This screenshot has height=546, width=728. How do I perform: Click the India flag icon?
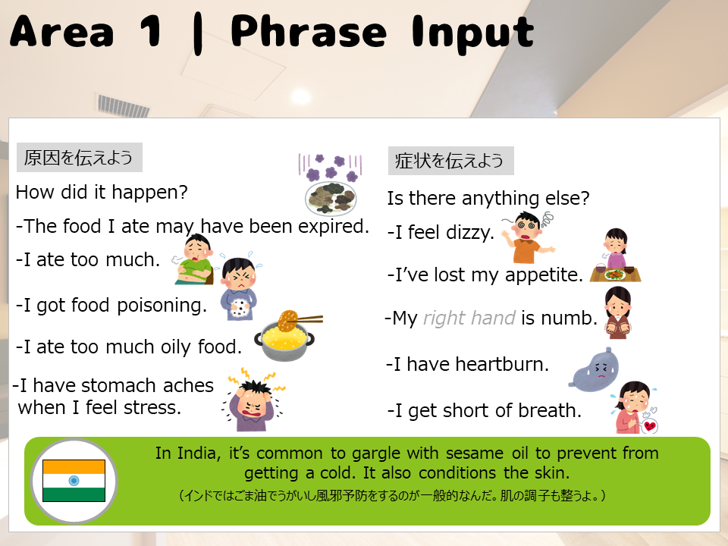pos(74,481)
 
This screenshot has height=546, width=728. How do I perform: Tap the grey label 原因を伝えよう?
pos(79,158)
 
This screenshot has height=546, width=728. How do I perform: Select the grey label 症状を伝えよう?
pos(450,161)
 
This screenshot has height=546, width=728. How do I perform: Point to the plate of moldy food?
pos(331,198)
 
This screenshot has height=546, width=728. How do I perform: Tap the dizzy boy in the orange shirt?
pos(529,237)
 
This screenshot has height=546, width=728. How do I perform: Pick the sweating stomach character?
pos(594,369)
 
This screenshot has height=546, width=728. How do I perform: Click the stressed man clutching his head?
pos(254,400)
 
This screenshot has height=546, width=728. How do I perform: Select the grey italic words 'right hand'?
pos(469,318)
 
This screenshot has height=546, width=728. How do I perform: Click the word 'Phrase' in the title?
pos(309,32)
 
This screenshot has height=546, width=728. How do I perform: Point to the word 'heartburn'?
pos(501,364)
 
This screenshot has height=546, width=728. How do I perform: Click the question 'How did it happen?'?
pos(102,192)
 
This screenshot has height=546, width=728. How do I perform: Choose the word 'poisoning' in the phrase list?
pos(162,306)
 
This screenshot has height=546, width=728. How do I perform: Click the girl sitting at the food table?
pos(616,256)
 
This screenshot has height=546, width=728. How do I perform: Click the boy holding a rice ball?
pos(239,289)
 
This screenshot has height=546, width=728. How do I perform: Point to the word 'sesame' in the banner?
pos(475,453)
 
